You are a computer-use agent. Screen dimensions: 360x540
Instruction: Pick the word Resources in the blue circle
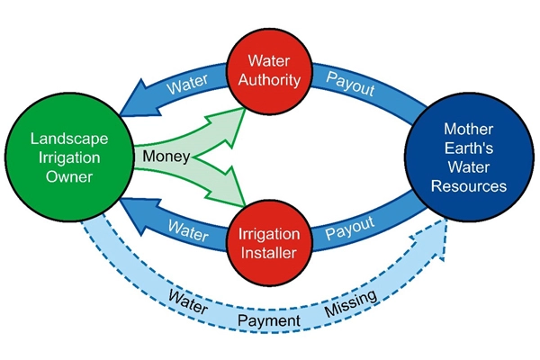tap(469, 186)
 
